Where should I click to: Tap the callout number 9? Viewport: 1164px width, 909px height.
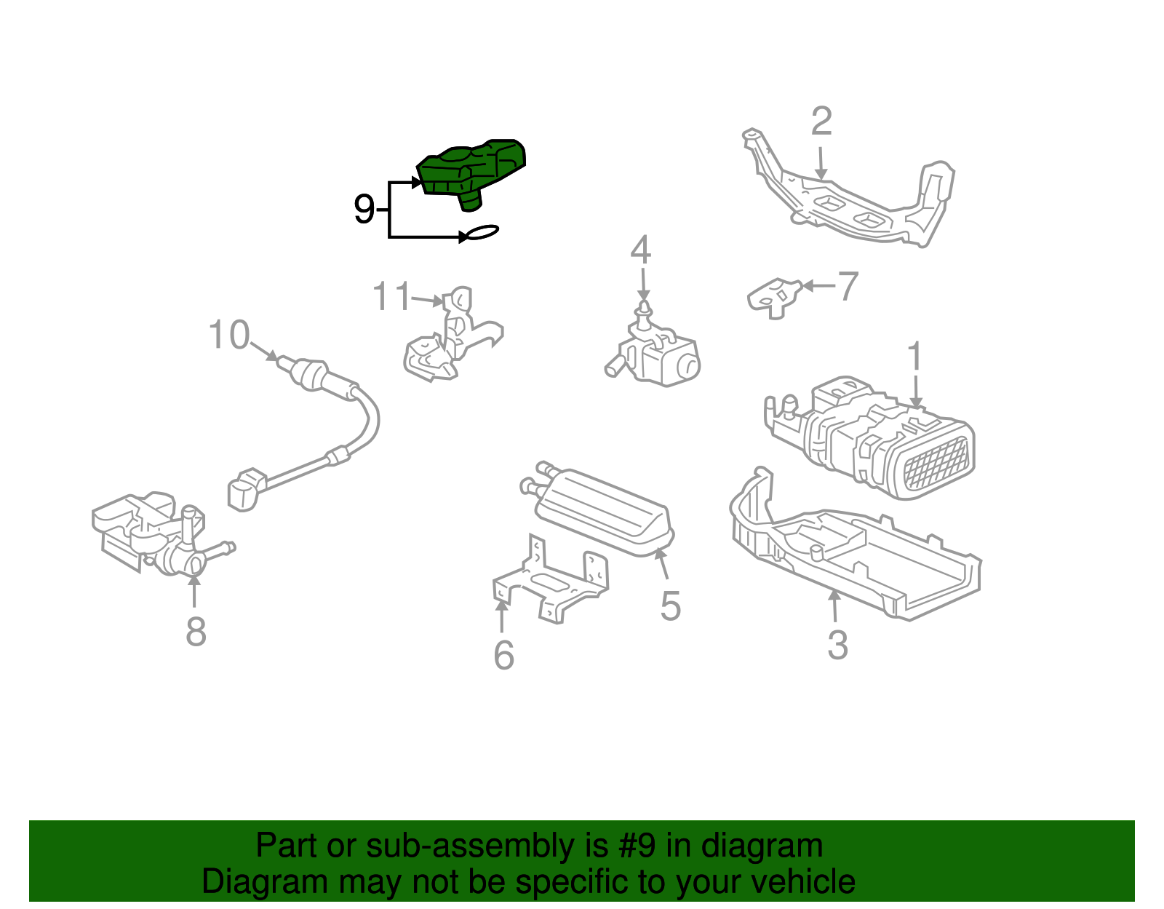tap(364, 210)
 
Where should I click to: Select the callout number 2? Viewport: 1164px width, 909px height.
tap(821, 122)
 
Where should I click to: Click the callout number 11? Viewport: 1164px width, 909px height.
tap(391, 296)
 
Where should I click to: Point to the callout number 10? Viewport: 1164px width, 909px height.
tap(228, 336)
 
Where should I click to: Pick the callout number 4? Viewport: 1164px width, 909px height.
tap(640, 250)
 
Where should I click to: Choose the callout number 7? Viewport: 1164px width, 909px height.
tap(848, 286)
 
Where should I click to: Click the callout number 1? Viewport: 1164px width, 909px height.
tap(914, 357)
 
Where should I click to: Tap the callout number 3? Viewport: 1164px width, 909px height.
tap(837, 645)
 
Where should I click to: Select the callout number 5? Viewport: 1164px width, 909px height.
tap(670, 606)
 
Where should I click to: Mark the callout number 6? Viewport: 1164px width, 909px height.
tap(503, 655)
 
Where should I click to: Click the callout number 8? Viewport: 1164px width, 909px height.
tap(195, 631)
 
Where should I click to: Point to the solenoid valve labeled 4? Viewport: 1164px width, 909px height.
tap(658, 353)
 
